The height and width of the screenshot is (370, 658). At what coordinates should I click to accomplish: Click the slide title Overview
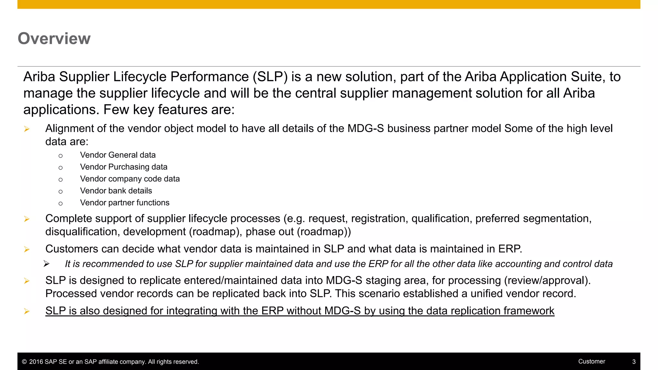click(x=54, y=39)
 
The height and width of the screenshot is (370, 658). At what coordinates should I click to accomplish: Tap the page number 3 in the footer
click(x=634, y=362)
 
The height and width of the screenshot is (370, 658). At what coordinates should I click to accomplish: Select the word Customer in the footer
click(x=591, y=361)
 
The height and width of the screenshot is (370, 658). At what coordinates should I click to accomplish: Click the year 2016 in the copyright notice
click(x=36, y=362)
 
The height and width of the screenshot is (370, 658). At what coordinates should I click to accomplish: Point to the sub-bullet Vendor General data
click(x=118, y=155)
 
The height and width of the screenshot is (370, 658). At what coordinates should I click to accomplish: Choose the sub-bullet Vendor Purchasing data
click(x=124, y=167)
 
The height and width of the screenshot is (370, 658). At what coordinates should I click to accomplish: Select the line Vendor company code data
click(x=130, y=179)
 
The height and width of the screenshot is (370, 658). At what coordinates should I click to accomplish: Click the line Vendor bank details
click(x=116, y=191)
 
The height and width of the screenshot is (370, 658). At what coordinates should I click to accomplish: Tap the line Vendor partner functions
click(x=125, y=203)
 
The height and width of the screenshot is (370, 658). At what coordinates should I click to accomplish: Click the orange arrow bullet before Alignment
click(x=27, y=129)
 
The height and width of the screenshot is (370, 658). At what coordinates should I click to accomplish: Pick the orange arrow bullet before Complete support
click(x=27, y=219)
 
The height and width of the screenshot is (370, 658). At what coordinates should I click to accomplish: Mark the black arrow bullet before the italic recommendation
click(x=47, y=264)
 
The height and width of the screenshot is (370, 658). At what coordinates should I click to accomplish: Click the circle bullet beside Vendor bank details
click(x=60, y=192)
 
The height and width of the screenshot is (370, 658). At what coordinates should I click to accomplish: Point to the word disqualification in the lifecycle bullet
click(x=82, y=232)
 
